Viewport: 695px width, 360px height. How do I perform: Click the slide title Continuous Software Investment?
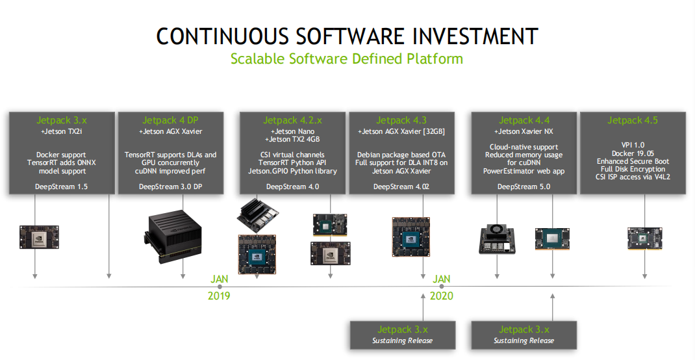[x=347, y=36]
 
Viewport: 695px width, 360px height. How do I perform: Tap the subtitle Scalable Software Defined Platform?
[x=347, y=58]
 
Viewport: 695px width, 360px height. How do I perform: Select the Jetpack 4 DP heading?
[x=171, y=120]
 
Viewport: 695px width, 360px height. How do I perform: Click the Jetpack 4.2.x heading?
[x=292, y=120]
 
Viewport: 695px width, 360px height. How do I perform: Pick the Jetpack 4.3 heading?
[x=401, y=120]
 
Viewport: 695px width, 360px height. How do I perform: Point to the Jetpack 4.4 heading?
[x=524, y=120]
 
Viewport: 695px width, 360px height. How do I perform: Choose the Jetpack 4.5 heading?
[x=632, y=120]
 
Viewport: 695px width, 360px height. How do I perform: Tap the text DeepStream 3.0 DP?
[x=171, y=186]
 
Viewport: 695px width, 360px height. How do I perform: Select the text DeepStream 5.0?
[x=524, y=186]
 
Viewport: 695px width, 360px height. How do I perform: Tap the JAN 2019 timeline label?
[x=220, y=287]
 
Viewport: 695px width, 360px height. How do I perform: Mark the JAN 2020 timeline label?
[x=442, y=287]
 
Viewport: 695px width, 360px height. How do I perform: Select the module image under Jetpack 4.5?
[x=644, y=238]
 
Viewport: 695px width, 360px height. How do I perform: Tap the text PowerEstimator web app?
[x=524, y=171]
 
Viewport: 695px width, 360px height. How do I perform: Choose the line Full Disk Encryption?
[x=632, y=169]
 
